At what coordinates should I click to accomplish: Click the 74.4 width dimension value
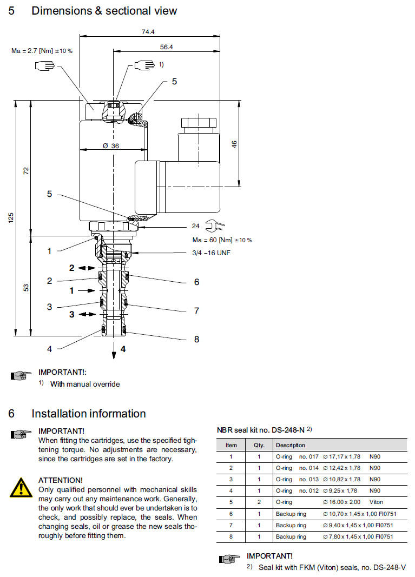[148, 32]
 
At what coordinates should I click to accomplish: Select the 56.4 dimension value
[166, 48]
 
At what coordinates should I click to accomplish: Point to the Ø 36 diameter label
[110, 145]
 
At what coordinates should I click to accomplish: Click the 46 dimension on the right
[234, 144]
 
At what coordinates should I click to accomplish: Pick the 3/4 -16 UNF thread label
[211, 253]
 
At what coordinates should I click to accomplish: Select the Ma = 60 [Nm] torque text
[222, 240]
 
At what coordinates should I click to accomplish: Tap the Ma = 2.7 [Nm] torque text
[42, 50]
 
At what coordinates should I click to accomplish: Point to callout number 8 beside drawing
[196, 339]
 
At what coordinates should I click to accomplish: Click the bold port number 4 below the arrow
[123, 349]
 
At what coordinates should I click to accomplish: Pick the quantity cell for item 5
[259, 502]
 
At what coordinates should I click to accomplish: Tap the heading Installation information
[89, 414]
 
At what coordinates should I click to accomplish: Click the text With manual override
[85, 384]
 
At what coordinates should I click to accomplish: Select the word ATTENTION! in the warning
[61, 480]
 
